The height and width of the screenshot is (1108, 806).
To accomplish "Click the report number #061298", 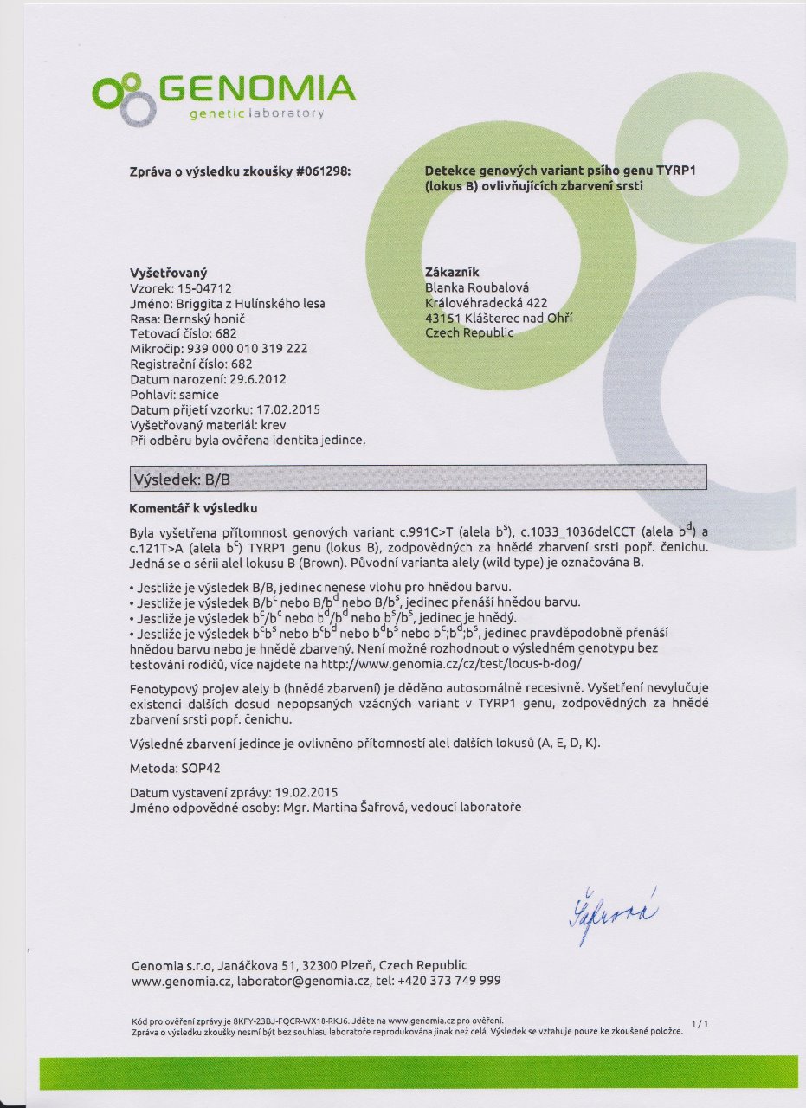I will point(323,172).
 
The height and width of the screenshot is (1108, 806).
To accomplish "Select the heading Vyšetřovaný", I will point(168,272).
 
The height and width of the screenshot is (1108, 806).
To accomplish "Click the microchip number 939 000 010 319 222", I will point(253,348).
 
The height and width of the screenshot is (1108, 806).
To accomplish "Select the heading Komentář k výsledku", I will point(194,507).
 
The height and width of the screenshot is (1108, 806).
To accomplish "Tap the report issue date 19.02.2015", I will point(305,792).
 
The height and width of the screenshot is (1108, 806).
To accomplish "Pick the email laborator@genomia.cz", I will point(304,981).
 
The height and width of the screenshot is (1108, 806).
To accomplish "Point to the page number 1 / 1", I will point(700,1024).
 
